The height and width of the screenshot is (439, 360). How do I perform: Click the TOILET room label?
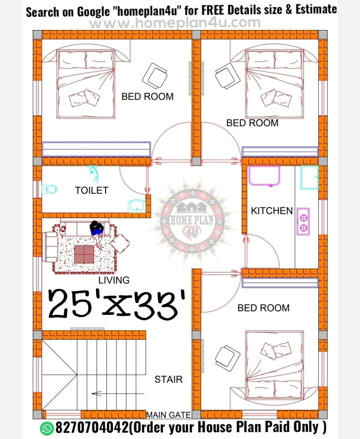pyautogui.click(x=92, y=190)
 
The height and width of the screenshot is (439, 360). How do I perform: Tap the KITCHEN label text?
pyautogui.click(x=272, y=211)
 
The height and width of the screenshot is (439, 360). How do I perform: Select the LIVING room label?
pyautogui.click(x=114, y=280)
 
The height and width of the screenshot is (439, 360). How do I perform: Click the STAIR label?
pyautogui.click(x=169, y=380)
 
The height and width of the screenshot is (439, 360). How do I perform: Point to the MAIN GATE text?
pyautogui.click(x=169, y=415)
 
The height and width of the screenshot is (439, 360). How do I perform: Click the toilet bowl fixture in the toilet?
pyautogui.click(x=49, y=189)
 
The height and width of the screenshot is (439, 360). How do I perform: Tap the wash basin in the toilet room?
pyautogui.click(x=137, y=205)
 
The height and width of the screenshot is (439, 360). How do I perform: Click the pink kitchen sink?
pyautogui.click(x=264, y=176)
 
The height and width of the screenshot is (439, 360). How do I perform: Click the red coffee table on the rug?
pyautogui.click(x=84, y=254)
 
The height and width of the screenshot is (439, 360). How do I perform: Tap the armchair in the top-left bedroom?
pyautogui.click(x=155, y=76)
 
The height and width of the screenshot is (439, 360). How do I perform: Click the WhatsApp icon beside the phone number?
pyautogui.click(x=46, y=427)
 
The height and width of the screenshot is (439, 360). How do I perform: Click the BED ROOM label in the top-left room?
pyautogui.click(x=147, y=97)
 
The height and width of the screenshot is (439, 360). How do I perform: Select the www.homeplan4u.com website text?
pyautogui.click(x=175, y=23)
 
